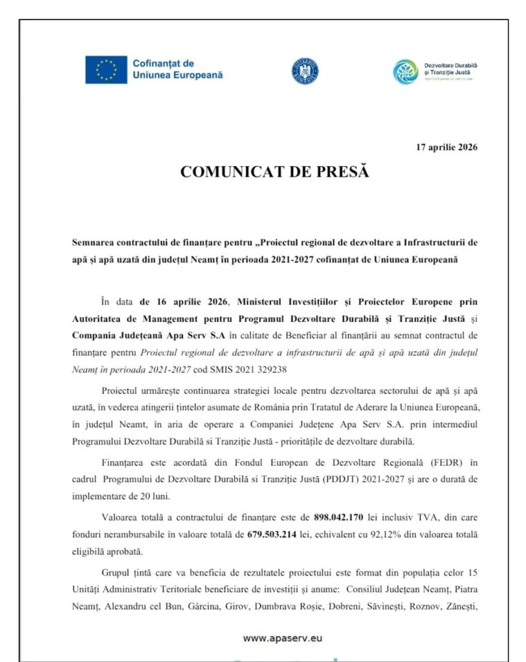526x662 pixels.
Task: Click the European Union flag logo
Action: (x=105, y=70)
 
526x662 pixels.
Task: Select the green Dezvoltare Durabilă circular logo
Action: (x=406, y=71)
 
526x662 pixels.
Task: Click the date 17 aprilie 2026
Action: (x=446, y=147)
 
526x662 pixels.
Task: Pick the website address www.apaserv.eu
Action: (x=283, y=637)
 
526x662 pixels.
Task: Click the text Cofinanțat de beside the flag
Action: (x=163, y=63)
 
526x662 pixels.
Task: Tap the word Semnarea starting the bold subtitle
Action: (x=95, y=243)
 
